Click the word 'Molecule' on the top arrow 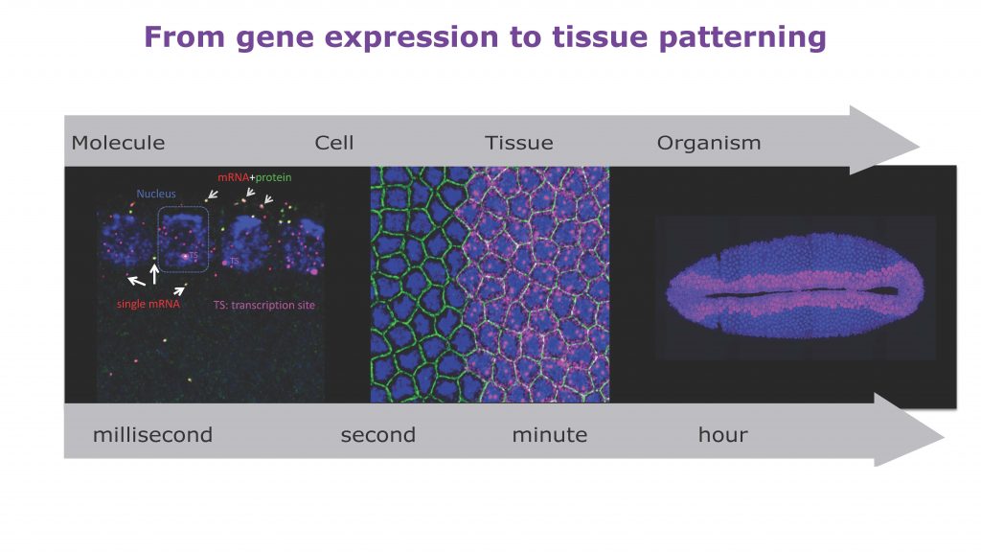118,143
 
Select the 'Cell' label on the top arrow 334,143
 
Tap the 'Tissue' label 519,143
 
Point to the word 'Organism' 709,144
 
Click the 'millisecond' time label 152,434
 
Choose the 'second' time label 377,434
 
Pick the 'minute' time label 550,434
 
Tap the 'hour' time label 722,434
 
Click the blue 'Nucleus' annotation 156,194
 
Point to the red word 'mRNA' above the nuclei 234,177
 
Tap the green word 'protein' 273,177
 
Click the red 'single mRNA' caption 148,304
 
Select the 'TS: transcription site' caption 264,305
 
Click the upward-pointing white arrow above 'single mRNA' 154,274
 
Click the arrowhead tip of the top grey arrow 919,147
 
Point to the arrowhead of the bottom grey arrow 943,436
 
